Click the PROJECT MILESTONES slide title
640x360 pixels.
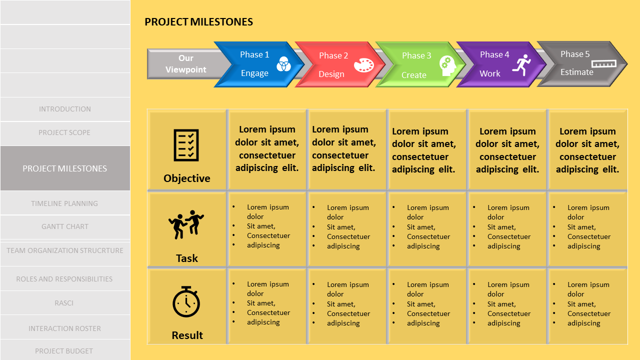point(198,22)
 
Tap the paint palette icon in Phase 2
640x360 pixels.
point(363,65)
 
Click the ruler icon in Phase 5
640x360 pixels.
point(603,63)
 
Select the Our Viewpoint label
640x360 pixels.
point(185,64)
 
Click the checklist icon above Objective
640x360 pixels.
point(186,145)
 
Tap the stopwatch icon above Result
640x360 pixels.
point(186,301)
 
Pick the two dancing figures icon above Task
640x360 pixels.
point(186,223)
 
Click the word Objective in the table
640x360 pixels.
point(187,178)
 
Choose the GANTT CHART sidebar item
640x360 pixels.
point(65,226)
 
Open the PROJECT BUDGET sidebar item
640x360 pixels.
point(64,351)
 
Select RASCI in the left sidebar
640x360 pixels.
point(64,303)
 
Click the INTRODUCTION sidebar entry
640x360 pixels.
point(65,109)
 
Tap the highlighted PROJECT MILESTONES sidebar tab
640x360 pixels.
point(65,168)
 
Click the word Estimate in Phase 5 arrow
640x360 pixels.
point(576,72)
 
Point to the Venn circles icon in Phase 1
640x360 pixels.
point(283,64)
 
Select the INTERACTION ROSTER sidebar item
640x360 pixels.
point(65,328)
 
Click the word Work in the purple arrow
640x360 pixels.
point(490,73)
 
